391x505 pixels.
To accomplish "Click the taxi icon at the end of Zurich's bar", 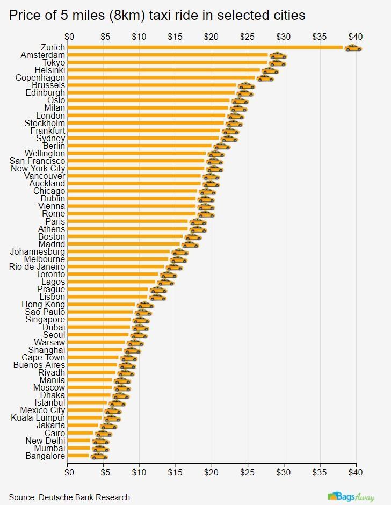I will click(353, 48).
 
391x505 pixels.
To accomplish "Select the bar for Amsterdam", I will click(168, 55).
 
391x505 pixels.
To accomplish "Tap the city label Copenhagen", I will click(40, 78).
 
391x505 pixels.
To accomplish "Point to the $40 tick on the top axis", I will click(356, 37).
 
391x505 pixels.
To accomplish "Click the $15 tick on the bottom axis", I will click(175, 473).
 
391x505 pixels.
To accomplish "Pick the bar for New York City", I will click(137, 169).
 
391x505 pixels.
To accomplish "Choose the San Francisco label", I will click(38, 161).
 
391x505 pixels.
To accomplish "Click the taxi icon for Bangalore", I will click(99, 456).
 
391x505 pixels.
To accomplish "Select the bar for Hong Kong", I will click(102, 305).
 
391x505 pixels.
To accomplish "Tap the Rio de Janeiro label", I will click(37, 267).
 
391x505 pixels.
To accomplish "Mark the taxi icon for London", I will click(235, 116).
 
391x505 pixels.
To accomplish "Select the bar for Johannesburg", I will click(119, 252).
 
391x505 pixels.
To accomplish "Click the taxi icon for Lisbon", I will click(158, 297).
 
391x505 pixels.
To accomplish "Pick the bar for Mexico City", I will click(86, 410).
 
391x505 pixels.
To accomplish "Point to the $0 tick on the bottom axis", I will click(69, 473).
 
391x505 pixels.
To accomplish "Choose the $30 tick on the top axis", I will click(284, 37).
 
